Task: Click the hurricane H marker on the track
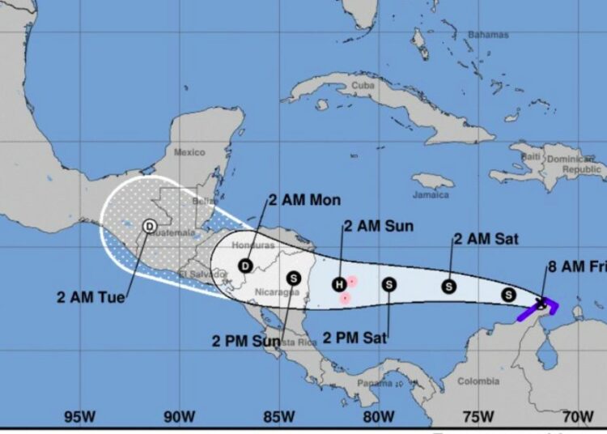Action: click(339, 283)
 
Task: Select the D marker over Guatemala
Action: click(150, 226)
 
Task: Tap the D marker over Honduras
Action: click(246, 265)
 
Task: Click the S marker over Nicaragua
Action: click(294, 278)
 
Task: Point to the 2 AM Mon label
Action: click(305, 200)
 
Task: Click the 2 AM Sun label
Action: click(378, 226)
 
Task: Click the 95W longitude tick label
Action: click(80, 417)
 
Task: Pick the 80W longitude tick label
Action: click(378, 417)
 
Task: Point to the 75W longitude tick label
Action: click(478, 417)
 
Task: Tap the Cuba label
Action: click(363, 85)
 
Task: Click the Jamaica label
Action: click(431, 195)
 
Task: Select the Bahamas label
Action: click(488, 35)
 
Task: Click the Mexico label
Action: click(189, 151)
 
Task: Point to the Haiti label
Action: click(531, 155)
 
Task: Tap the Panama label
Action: click(375, 382)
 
